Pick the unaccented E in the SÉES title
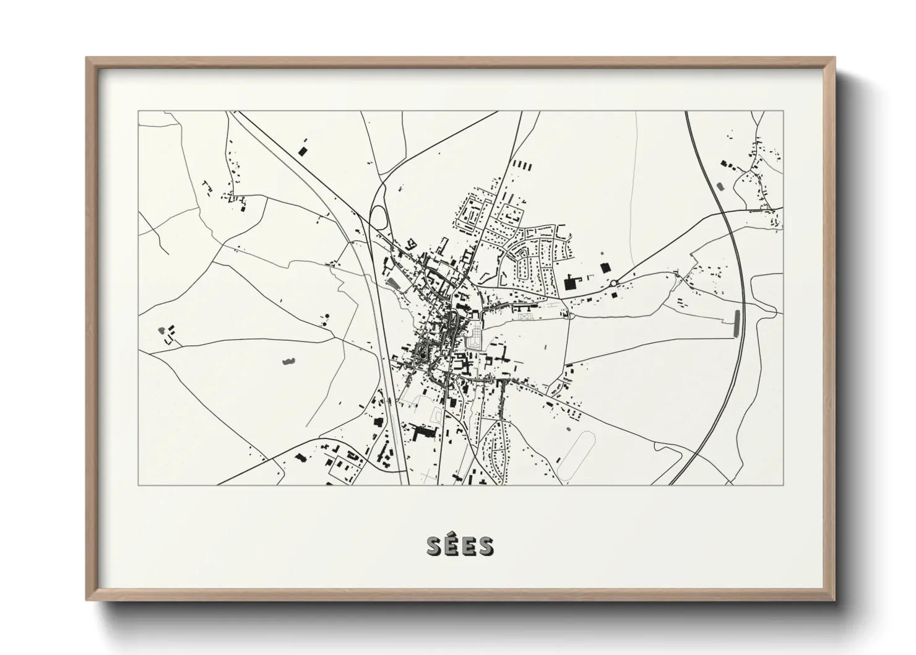tap(469, 546)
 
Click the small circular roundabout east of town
tap(613, 283)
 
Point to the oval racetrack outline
tap(576, 456)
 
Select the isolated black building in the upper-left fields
tap(302, 150)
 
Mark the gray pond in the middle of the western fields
tap(288, 360)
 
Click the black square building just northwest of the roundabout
tap(605, 267)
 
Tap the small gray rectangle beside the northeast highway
tap(720, 185)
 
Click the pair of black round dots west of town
tap(324, 320)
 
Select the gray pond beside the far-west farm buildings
tap(162, 330)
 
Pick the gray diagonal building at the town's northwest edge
tap(392, 283)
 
